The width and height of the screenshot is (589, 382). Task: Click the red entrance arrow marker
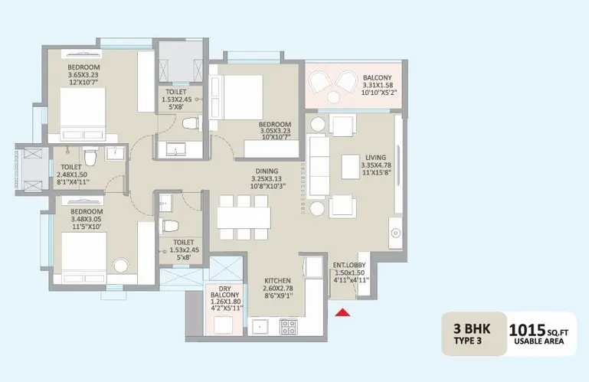pos(342,312)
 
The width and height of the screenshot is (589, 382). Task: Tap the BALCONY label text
pos(377,78)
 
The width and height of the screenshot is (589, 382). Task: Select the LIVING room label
pos(375,158)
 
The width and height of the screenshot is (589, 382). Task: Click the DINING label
pos(267,171)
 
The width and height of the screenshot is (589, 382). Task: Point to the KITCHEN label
pos(277,281)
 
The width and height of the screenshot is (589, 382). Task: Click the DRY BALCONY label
pos(224,292)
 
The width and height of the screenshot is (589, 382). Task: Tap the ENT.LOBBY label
pos(349,265)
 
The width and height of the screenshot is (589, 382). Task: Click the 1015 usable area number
pos(527,331)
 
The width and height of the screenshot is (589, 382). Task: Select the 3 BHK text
pos(472,328)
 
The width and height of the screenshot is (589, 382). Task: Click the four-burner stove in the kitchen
pos(289,326)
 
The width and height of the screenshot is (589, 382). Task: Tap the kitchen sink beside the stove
pos(260,326)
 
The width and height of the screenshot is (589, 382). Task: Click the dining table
pos(244,217)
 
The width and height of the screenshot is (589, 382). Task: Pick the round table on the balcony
pos(333,97)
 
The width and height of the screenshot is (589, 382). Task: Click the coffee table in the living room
pos(351,167)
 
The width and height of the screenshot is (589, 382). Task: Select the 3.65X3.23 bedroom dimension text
pos(83,75)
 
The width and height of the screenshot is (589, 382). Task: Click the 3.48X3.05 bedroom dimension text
pos(86,220)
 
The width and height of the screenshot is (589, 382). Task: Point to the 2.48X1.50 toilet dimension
pos(72,175)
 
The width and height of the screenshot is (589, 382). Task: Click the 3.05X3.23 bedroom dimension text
pos(275,132)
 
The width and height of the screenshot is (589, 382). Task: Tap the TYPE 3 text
pos(468,341)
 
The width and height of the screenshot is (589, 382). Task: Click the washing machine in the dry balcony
pos(224,325)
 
